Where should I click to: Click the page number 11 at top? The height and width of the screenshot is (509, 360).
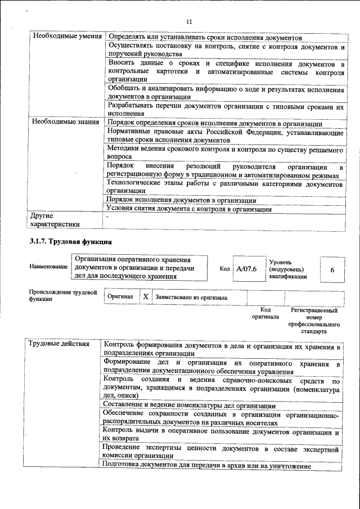[189, 21]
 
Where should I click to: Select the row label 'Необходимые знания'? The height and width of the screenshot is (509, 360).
[66, 122]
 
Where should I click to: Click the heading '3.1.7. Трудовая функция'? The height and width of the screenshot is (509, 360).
[71, 242]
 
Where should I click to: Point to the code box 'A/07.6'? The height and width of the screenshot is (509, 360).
[246, 269]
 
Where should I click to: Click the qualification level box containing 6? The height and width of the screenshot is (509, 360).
[332, 270]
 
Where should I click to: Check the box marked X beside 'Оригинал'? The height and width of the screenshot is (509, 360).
[145, 296]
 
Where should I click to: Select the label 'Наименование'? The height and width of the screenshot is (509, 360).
[48, 266]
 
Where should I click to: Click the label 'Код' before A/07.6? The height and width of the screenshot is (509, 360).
[224, 269]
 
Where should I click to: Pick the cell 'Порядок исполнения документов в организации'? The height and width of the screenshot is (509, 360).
[182, 200]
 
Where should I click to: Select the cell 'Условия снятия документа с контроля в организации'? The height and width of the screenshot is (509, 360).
[190, 209]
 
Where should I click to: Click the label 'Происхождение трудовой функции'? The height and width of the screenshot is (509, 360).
[62, 296]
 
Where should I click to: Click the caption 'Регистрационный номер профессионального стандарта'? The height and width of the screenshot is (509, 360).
[314, 321]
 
